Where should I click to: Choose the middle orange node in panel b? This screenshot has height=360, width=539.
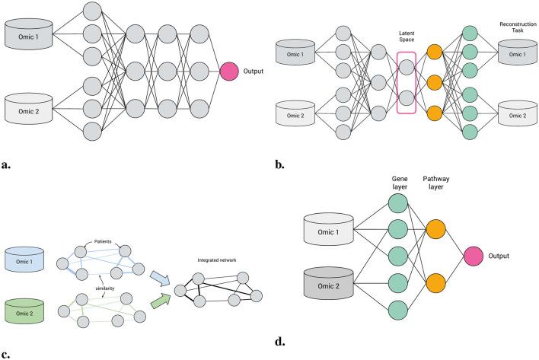click(435, 82)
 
